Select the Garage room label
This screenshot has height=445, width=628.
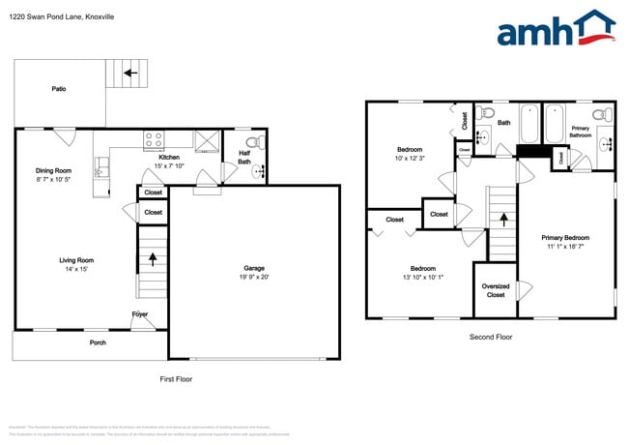(x=254, y=268)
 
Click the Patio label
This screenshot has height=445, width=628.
(x=59, y=89)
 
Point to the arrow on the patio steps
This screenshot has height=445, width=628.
(x=128, y=73)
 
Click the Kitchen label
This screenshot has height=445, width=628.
(x=169, y=157)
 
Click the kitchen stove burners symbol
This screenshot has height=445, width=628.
(x=155, y=138)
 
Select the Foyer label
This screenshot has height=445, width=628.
(x=140, y=314)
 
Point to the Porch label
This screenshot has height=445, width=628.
(x=98, y=341)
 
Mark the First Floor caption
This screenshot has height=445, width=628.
(x=176, y=379)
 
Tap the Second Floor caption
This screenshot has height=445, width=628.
(x=490, y=338)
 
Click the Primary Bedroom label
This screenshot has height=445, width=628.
(x=565, y=237)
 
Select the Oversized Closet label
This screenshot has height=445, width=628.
(x=495, y=290)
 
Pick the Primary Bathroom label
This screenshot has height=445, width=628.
(x=581, y=132)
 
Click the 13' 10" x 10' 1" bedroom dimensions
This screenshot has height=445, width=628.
(x=421, y=276)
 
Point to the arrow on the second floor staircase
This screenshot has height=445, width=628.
(x=501, y=219)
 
